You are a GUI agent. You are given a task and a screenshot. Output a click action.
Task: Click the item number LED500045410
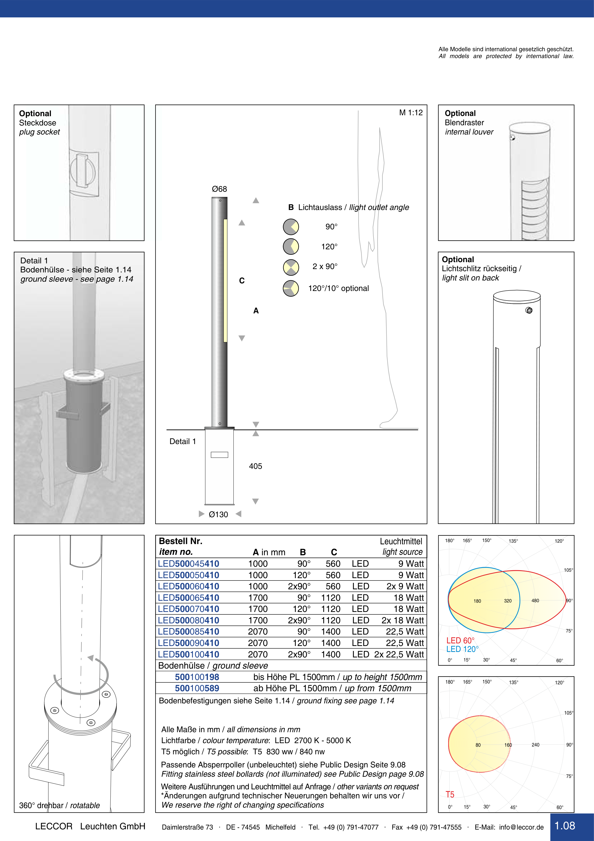(x=188, y=563)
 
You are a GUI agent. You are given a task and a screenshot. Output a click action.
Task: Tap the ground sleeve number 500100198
(x=197, y=677)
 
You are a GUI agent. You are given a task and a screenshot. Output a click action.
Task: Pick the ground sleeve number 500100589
(x=197, y=688)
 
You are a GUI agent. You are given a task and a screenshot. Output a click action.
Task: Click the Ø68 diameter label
(x=219, y=189)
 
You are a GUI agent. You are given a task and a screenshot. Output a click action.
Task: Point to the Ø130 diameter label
(x=218, y=514)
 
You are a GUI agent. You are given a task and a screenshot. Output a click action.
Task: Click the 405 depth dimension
(x=255, y=466)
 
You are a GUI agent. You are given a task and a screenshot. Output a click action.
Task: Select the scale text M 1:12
(x=411, y=113)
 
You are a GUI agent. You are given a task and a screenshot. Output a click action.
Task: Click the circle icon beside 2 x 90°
(x=291, y=267)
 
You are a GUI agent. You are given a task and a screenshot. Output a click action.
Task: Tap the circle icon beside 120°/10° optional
(x=291, y=288)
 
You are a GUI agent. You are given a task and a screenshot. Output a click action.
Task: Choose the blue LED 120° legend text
(x=462, y=649)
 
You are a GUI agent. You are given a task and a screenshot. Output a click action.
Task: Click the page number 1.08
(x=565, y=826)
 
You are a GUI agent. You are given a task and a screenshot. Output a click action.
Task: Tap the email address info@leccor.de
(x=521, y=827)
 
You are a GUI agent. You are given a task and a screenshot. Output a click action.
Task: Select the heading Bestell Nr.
(x=180, y=541)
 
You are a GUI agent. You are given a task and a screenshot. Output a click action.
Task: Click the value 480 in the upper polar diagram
(x=535, y=601)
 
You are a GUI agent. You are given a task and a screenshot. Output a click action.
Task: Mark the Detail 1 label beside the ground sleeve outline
(x=183, y=441)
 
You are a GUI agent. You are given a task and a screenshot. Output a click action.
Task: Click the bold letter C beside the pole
(x=241, y=280)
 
